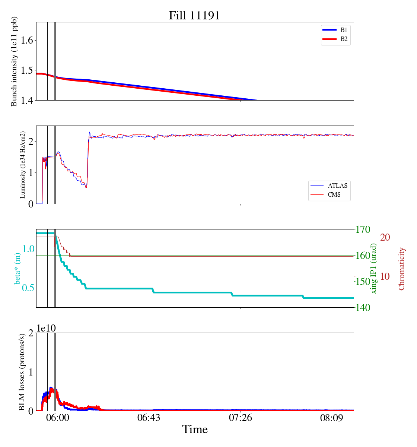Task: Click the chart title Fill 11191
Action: click(194, 16)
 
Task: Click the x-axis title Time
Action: click(195, 429)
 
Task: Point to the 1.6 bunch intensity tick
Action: click(28, 40)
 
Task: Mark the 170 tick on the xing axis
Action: click(363, 229)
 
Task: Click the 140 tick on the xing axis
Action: click(363, 308)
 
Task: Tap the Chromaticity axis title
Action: click(401, 269)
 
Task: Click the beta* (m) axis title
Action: click(17, 268)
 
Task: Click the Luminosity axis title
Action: click(23, 165)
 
